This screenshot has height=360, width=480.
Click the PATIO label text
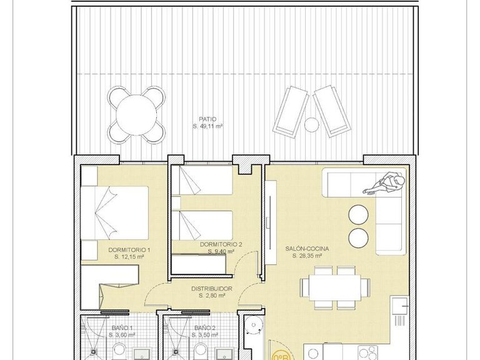207,118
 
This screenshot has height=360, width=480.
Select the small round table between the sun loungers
311,124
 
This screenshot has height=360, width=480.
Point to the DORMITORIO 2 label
221,245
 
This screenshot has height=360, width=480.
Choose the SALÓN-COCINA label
307,248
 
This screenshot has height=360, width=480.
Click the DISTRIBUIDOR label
211,289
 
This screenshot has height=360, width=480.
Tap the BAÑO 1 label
122,328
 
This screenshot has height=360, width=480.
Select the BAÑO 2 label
204,328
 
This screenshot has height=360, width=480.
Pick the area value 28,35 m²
307,256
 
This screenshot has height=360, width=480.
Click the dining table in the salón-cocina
334,287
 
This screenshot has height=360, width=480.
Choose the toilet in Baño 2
252,326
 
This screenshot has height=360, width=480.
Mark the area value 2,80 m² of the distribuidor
211,296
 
